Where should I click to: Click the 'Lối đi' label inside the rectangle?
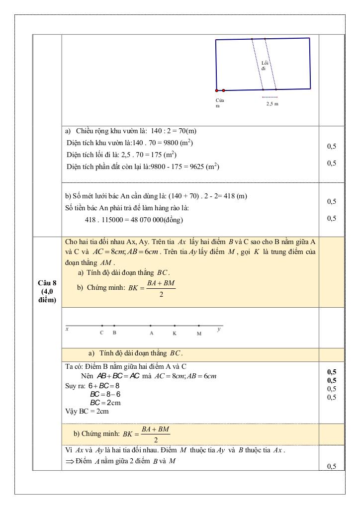[264, 66]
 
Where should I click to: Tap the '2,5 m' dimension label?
[272, 103]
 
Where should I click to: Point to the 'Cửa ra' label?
[220, 103]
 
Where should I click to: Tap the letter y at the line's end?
[219, 329]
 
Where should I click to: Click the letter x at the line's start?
[67, 329]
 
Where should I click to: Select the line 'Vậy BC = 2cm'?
[87, 411]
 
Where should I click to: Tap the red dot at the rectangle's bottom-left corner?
[217, 90]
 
